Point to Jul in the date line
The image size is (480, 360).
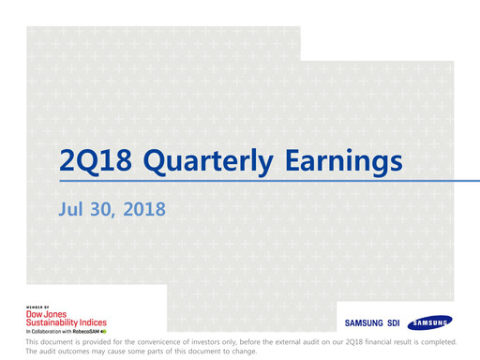[72, 209]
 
